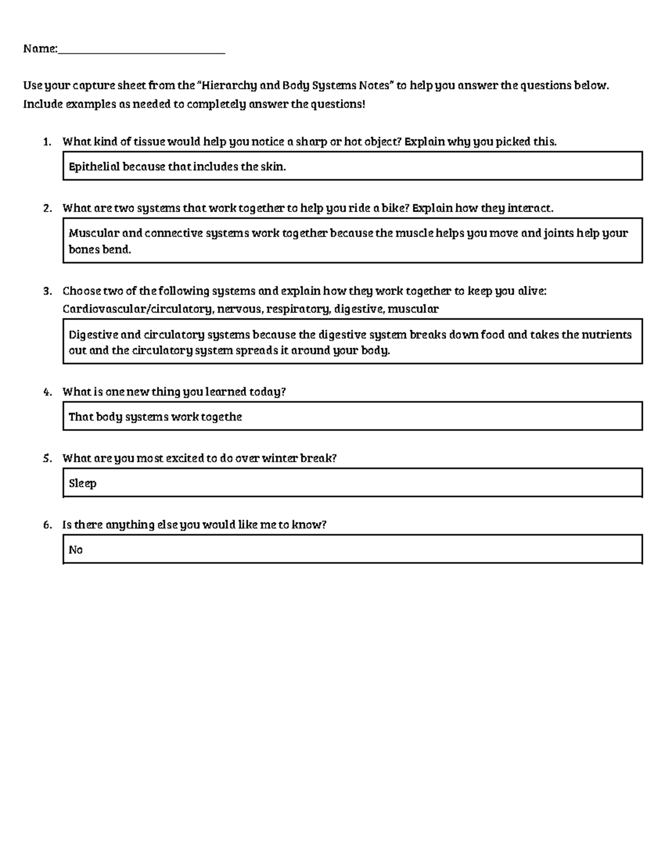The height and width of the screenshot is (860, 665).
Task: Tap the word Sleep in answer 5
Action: click(83, 483)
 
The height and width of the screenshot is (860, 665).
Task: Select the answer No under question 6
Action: click(75, 550)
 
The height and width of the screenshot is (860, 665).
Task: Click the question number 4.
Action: click(47, 392)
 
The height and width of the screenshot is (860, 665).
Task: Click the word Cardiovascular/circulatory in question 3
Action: click(137, 309)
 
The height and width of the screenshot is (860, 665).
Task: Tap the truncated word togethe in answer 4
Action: click(221, 417)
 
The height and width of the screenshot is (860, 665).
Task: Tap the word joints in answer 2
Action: click(559, 233)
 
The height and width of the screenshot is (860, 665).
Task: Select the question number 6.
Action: click(47, 525)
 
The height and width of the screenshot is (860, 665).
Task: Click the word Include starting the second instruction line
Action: click(43, 104)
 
